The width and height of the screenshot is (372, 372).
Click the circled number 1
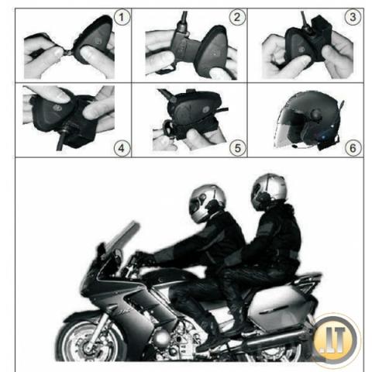(x=122, y=17)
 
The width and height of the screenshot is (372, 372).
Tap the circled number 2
(x=237, y=17)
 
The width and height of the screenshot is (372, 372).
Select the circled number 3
(x=353, y=17)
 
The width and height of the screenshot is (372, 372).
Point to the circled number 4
(x=122, y=148)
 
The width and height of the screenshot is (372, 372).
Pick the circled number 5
(x=237, y=148)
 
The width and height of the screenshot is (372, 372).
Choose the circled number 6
(x=353, y=148)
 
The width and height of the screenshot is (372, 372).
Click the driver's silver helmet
(x=207, y=203)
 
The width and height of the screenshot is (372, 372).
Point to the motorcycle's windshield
(x=122, y=239)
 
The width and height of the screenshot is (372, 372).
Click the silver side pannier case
(x=279, y=308)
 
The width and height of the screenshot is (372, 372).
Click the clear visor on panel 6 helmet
(x=288, y=129)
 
